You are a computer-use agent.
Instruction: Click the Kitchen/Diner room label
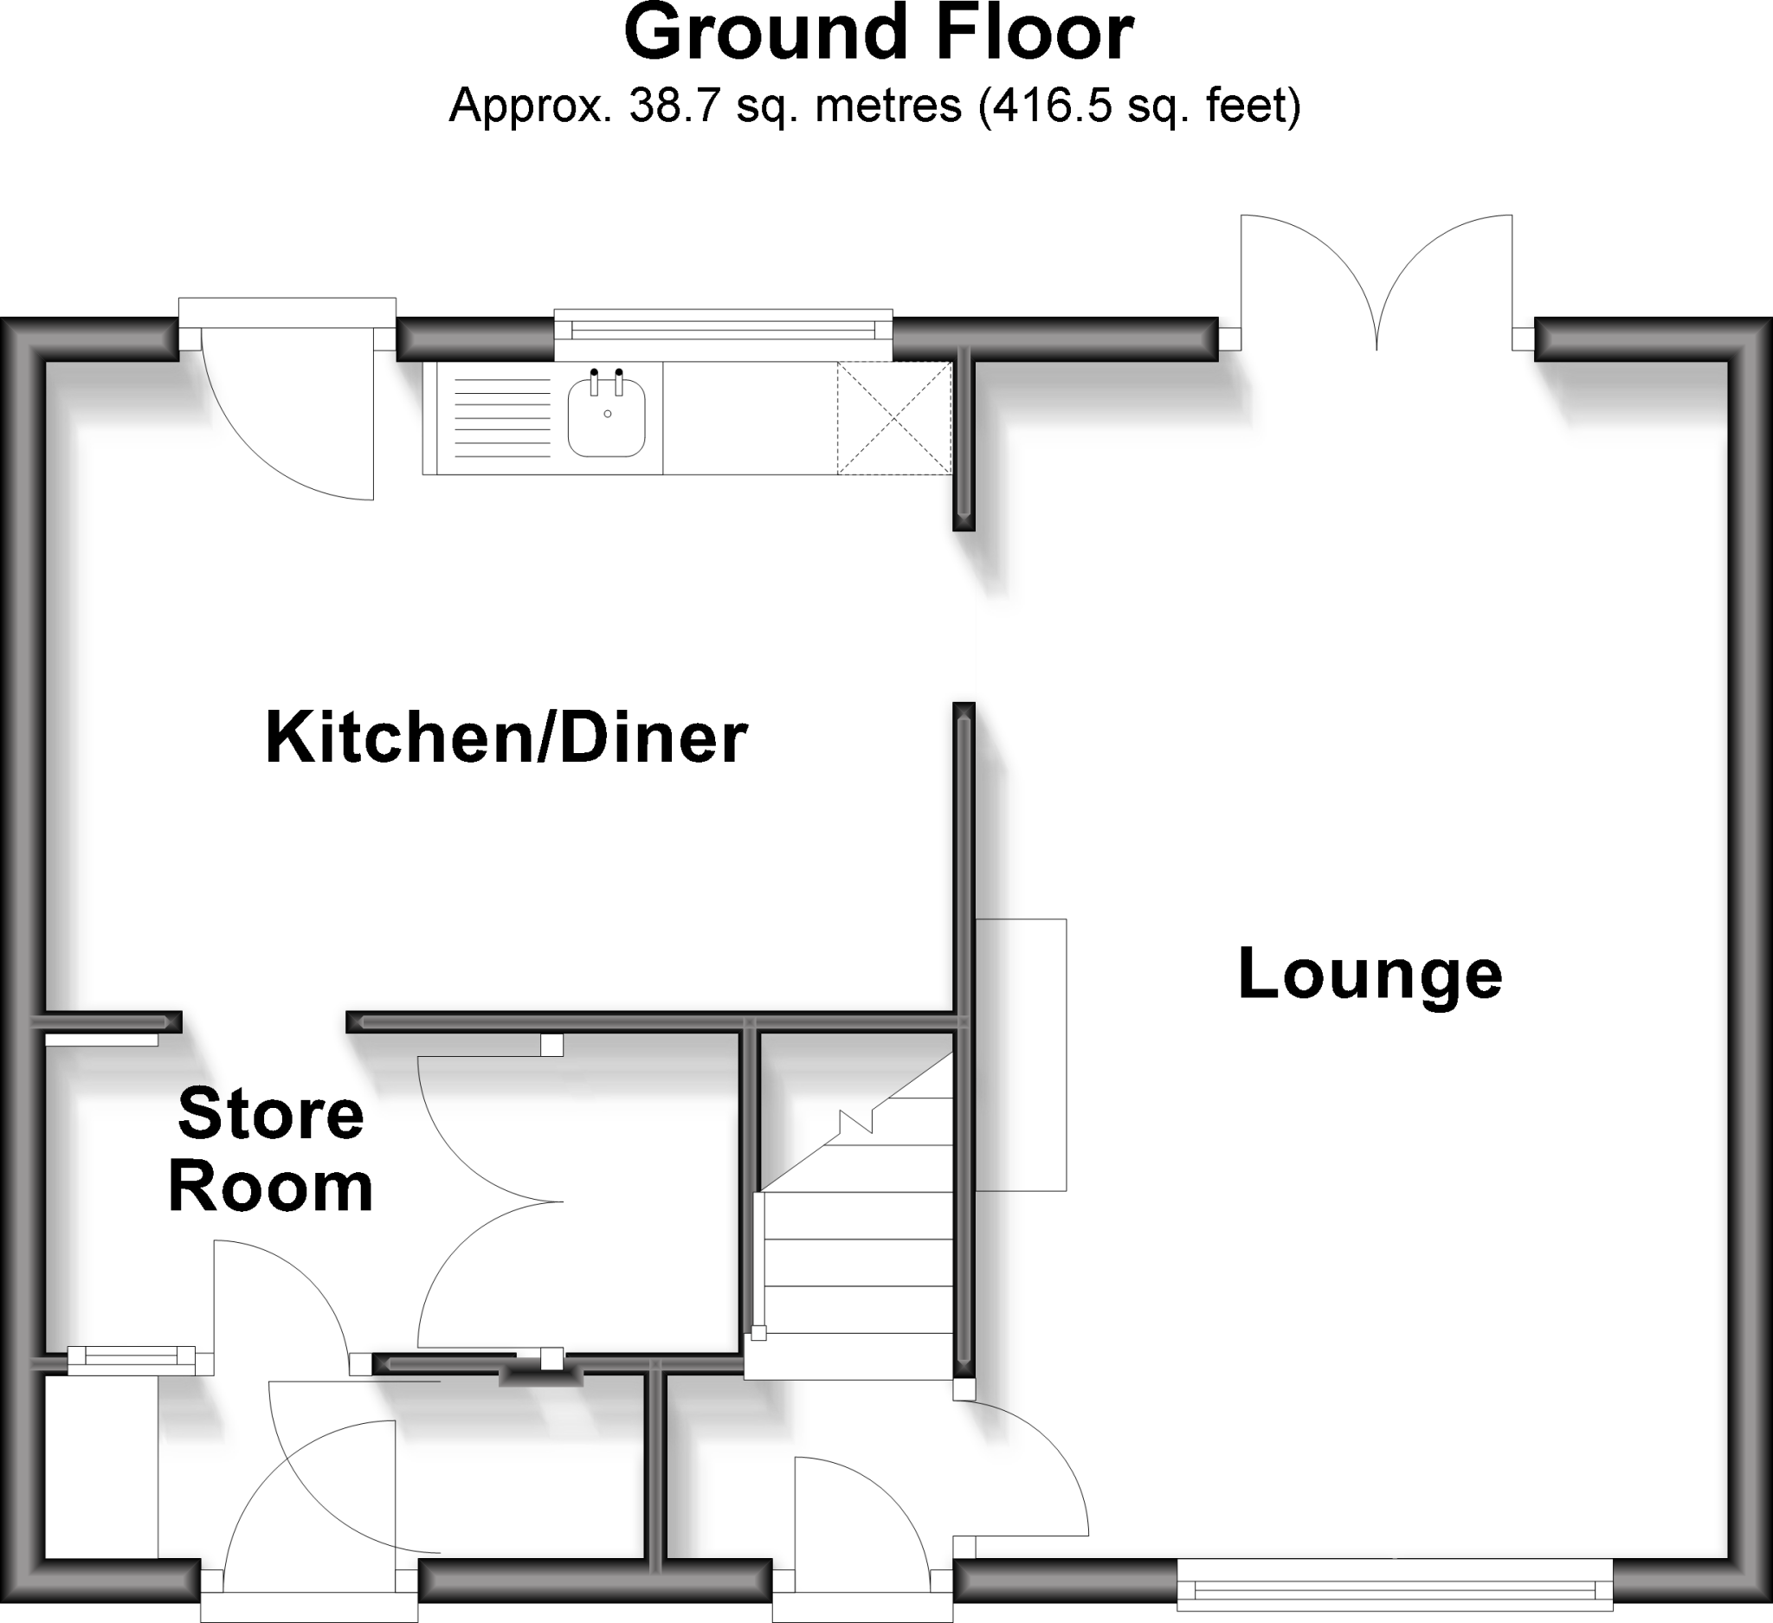(x=506, y=737)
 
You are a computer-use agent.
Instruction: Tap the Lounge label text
(x=1370, y=975)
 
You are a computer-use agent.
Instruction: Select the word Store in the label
(x=271, y=1115)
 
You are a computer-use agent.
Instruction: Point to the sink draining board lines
(x=501, y=417)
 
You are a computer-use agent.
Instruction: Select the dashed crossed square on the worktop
(x=893, y=418)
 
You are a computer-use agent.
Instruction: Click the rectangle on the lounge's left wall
(x=1021, y=1055)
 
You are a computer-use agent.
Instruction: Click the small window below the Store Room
(x=132, y=1358)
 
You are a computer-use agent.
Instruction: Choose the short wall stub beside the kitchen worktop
(x=964, y=440)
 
